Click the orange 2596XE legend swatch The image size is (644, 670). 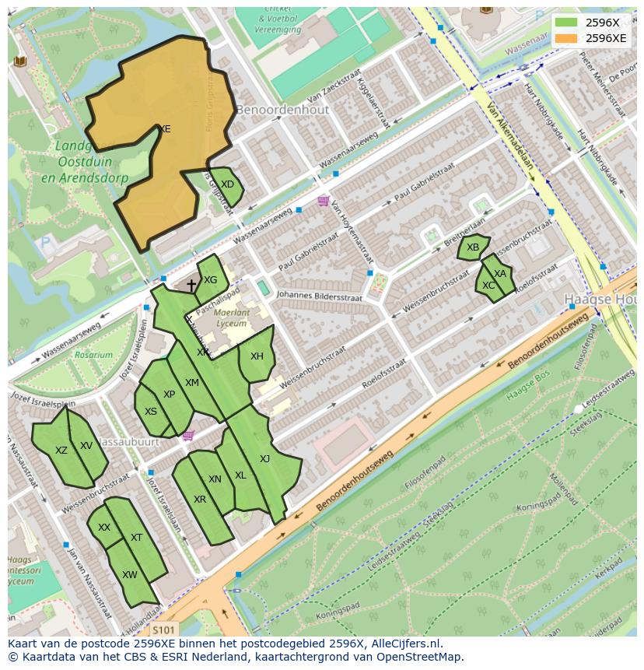click(567, 37)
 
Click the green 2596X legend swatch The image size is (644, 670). click(567, 23)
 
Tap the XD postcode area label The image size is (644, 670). click(227, 184)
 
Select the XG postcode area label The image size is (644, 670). click(210, 280)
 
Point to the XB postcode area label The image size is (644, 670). click(473, 247)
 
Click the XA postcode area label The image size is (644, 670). click(500, 274)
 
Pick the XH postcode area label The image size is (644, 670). click(257, 356)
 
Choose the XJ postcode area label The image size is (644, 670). click(264, 458)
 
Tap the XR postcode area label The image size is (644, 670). click(200, 500)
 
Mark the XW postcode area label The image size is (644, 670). click(129, 575)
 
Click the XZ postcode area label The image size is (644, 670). click(61, 451)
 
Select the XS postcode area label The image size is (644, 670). click(151, 412)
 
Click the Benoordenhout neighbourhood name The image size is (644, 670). click(282, 110)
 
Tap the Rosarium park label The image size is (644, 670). click(93, 355)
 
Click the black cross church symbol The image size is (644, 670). click(191, 286)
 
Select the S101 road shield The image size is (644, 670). click(164, 629)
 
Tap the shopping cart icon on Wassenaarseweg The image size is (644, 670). click(323, 202)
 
